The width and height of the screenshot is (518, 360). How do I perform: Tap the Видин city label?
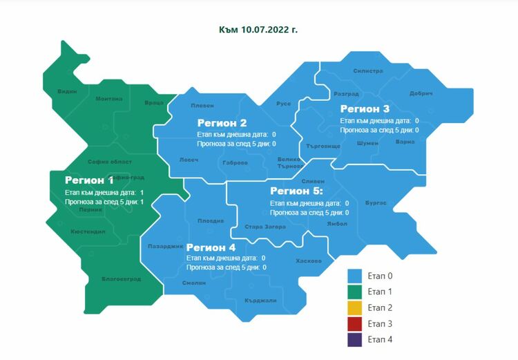click(67, 91)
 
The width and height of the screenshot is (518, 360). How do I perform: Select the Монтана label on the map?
click(109, 99)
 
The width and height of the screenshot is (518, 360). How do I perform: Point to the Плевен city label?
click(202, 105)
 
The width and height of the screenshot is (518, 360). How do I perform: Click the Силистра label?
click(367, 70)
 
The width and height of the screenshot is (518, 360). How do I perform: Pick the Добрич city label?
click(421, 93)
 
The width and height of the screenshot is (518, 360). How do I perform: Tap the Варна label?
click(405, 142)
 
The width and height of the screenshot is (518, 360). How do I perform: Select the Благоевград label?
click(121, 279)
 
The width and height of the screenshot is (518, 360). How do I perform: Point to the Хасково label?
click(308, 261)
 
